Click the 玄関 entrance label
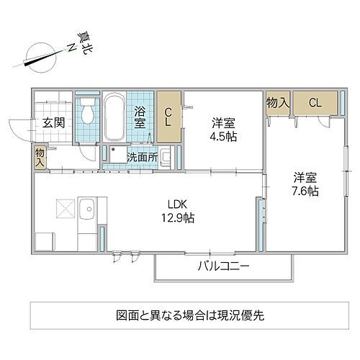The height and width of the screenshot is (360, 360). (53, 123)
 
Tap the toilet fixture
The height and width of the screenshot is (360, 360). (87, 114)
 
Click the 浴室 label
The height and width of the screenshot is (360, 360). (140, 117)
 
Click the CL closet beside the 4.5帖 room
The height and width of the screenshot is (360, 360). (168, 117)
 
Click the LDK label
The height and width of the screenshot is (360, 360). (179, 203)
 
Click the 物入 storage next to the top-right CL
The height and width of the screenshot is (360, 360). (277, 103)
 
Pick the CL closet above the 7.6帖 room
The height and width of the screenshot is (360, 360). (314, 103)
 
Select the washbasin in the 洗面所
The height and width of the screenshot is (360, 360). (166, 156)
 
